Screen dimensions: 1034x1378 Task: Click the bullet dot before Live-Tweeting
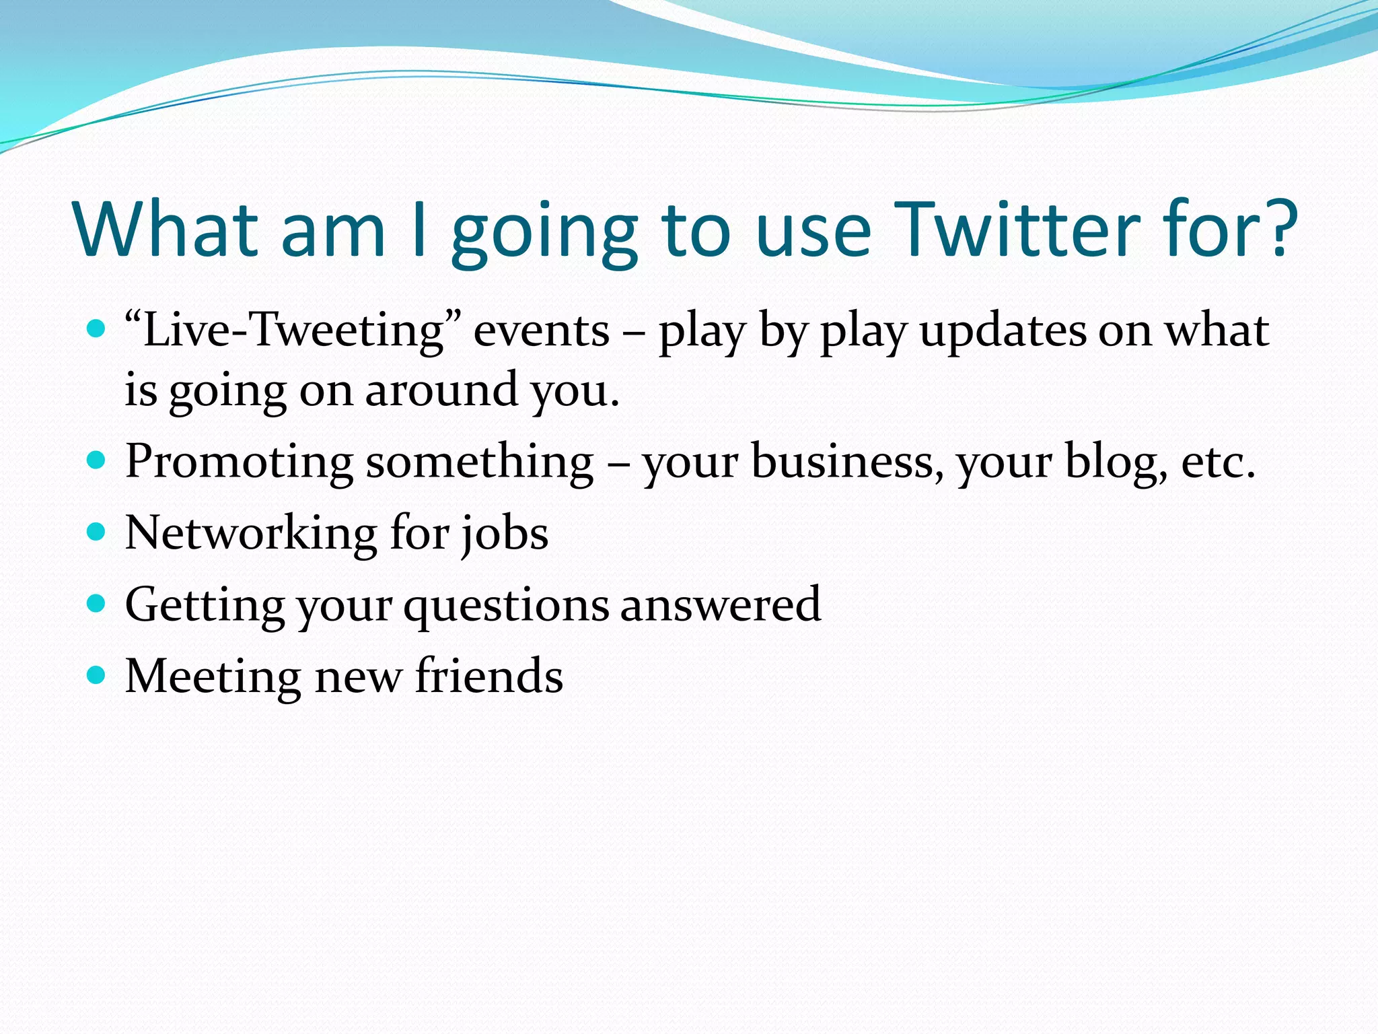pyautogui.click(x=97, y=329)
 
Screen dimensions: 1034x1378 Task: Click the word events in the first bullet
pyautogui.click(x=542, y=331)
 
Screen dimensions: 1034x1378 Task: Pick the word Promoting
pyautogui.click(x=239, y=463)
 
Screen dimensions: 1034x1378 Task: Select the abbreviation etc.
pyautogui.click(x=1219, y=463)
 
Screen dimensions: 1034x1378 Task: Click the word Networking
pyautogui.click(x=251, y=535)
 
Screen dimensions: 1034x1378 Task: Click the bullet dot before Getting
pyautogui.click(x=97, y=602)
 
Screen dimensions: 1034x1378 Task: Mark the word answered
pyautogui.click(x=721, y=605)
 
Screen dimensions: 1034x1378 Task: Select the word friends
pyautogui.click(x=489, y=676)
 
